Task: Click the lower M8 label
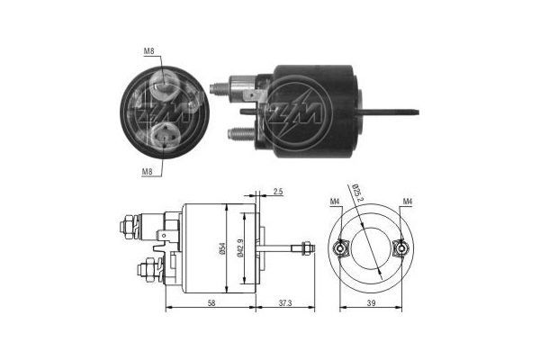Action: coord(147,170)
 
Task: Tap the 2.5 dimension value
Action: coord(277,193)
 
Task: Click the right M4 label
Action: coord(408,201)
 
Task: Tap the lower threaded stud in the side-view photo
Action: coord(236,134)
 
